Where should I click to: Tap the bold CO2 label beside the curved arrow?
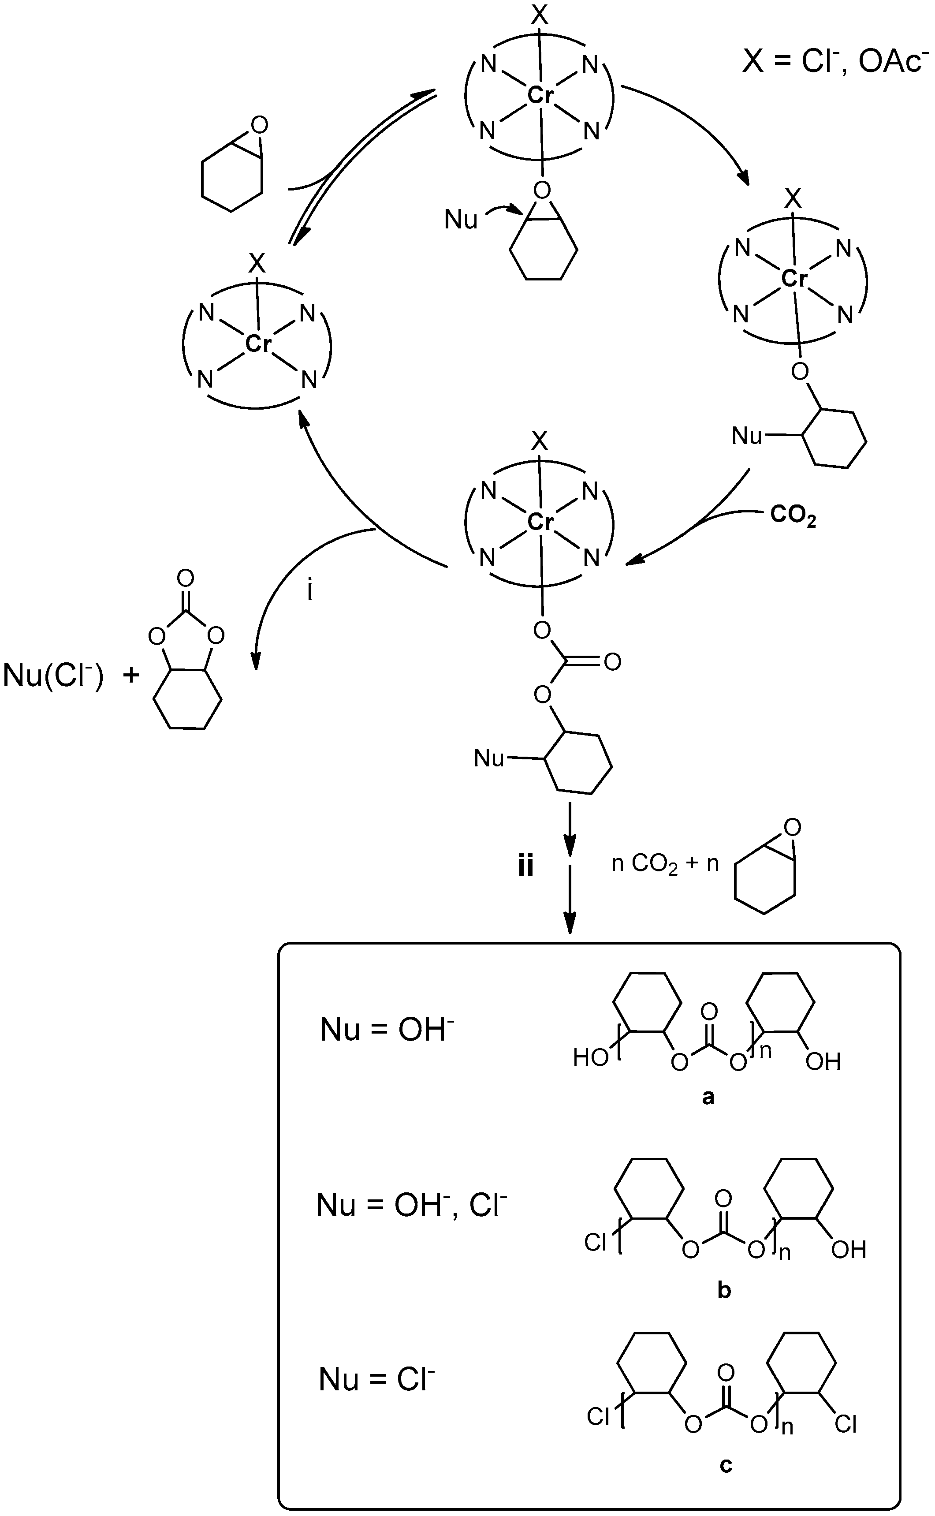pos(793,516)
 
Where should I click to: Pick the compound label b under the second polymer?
pos(724,1291)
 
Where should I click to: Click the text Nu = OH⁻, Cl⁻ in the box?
pos(411,1205)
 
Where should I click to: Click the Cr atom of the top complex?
pos(540,95)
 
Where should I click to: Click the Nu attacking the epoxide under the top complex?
pos(461,220)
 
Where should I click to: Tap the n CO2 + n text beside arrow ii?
pos(665,863)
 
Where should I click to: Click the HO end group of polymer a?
pos(591,1058)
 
